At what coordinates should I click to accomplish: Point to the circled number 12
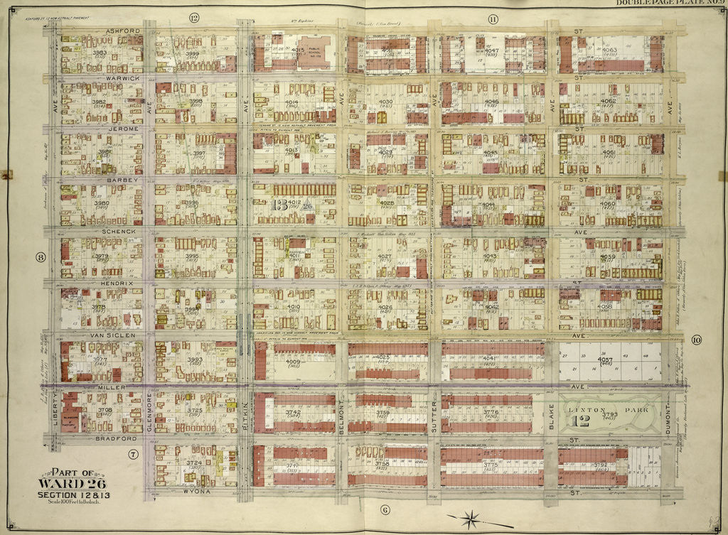coord(193,16)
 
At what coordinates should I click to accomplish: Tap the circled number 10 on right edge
coord(696,340)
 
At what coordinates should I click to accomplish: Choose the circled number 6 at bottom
coord(385,509)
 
